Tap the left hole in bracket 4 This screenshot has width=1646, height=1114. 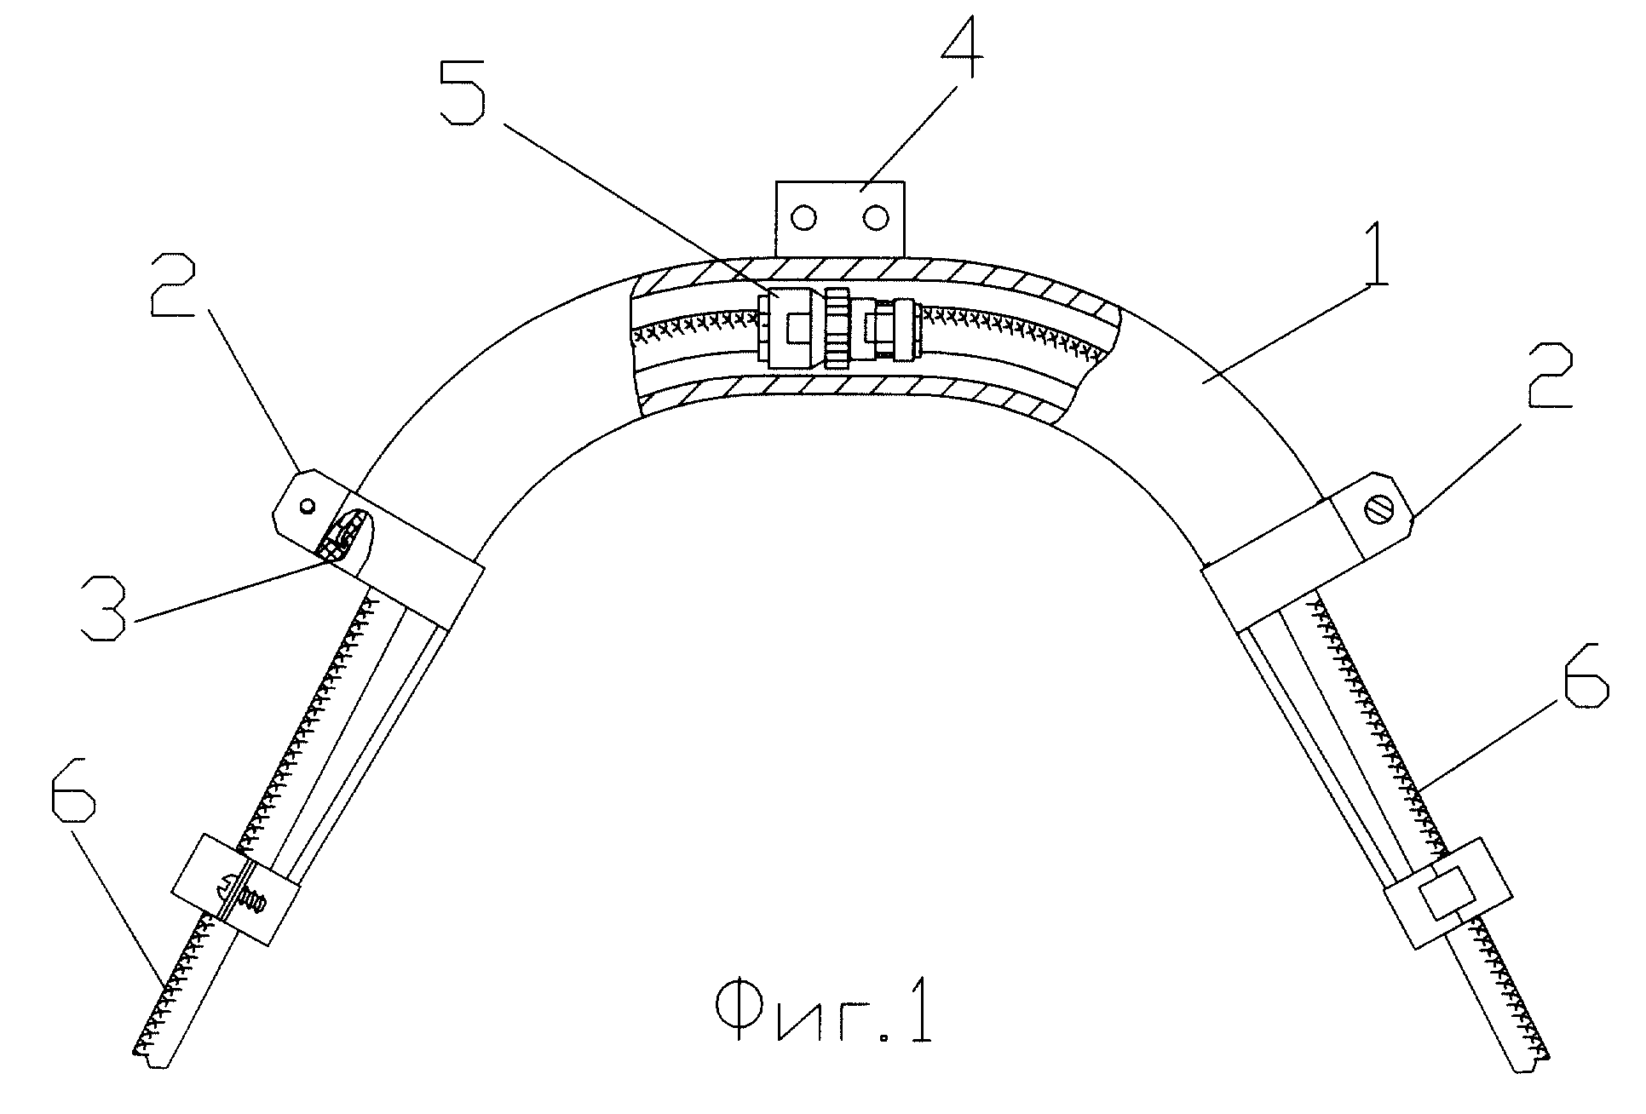pos(803,220)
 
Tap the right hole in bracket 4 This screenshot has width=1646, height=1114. pos(875,220)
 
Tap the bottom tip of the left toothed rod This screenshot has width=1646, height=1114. pos(150,1057)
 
